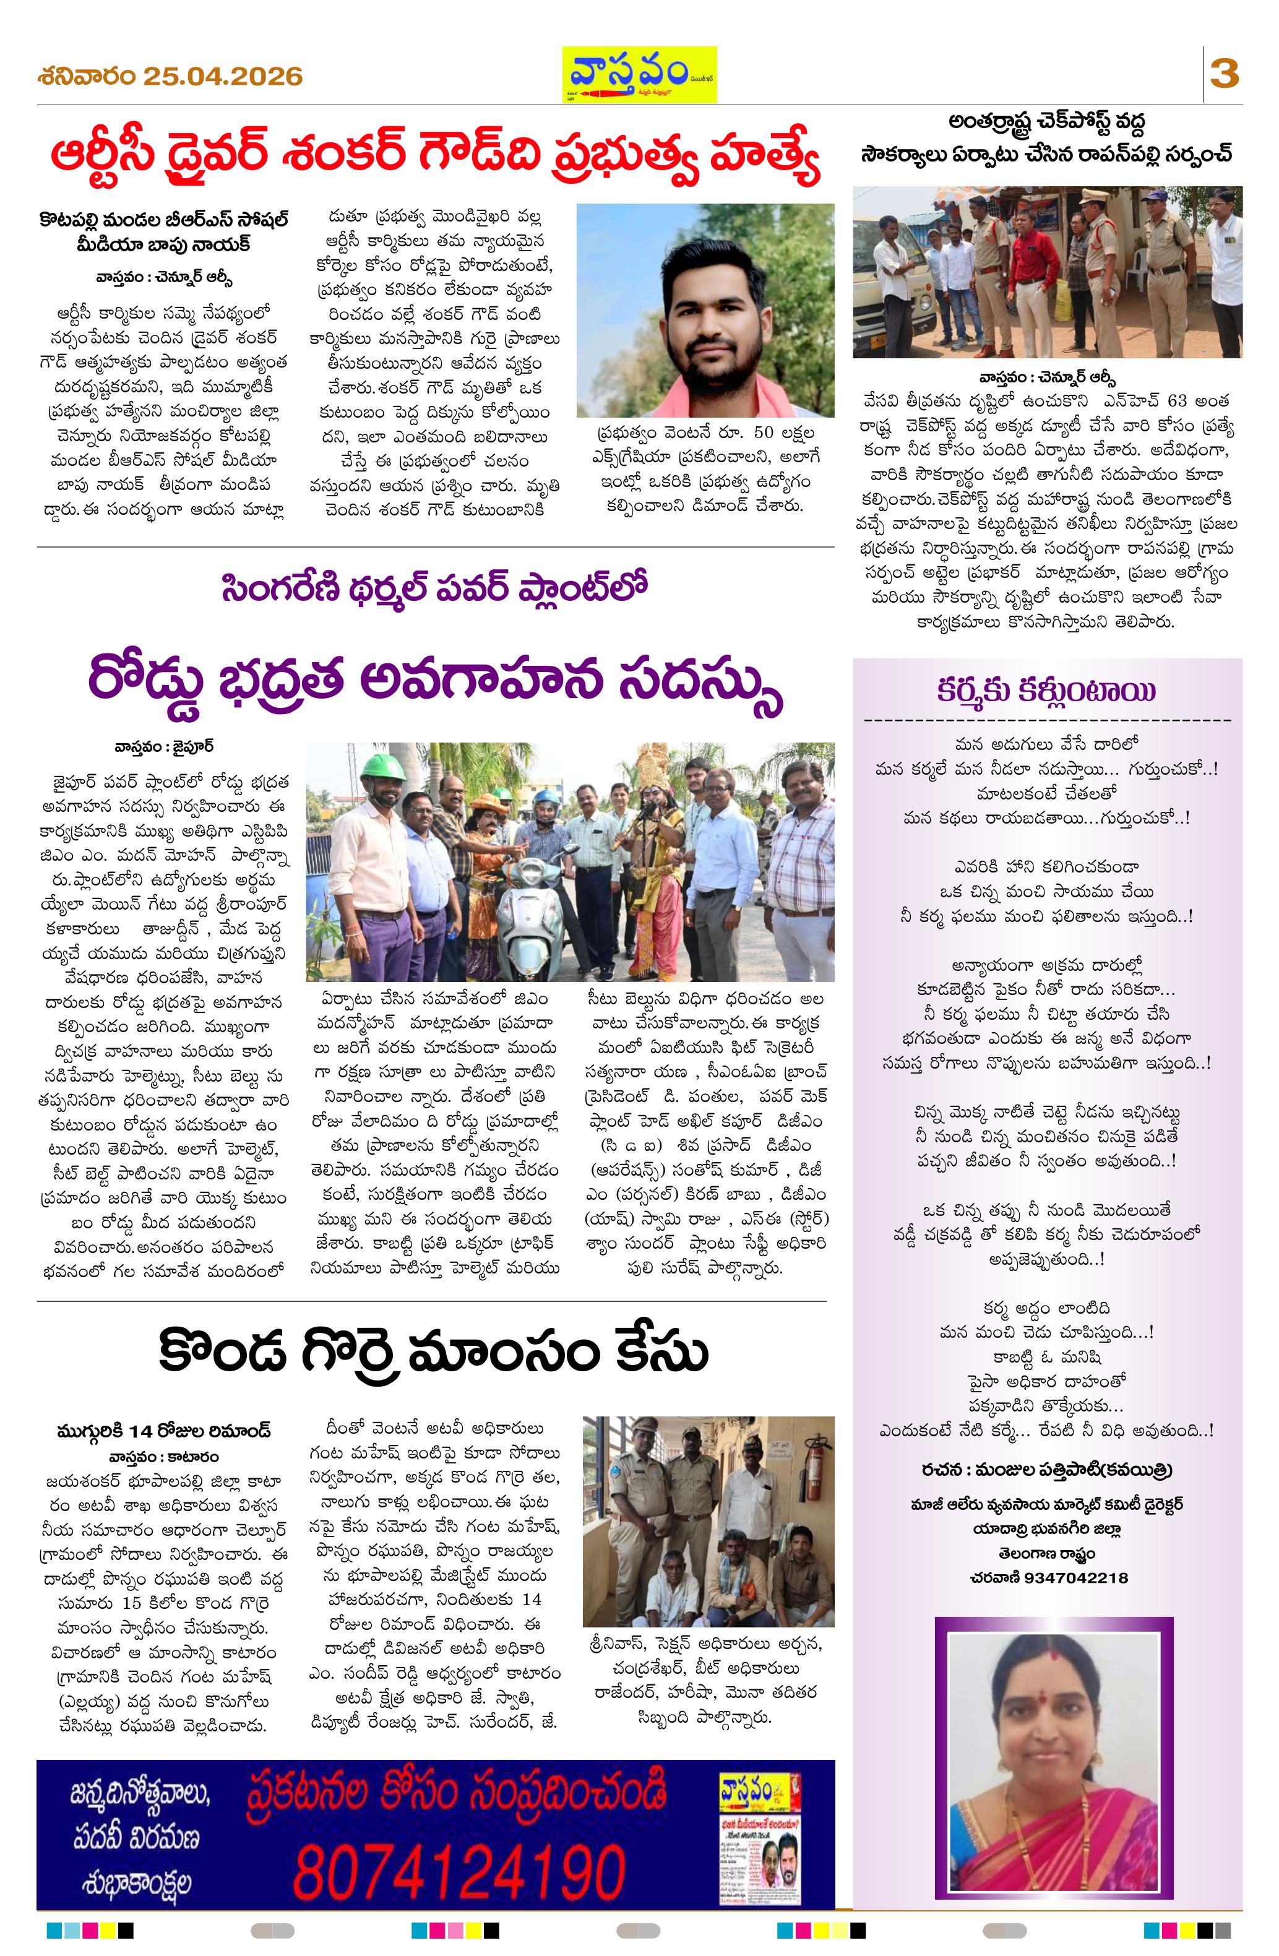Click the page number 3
tap(1224, 75)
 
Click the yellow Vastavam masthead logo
tap(639, 74)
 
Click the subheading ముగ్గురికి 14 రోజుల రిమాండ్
tap(165, 1431)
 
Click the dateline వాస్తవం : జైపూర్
tap(165, 748)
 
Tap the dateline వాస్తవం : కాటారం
tap(165, 1456)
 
